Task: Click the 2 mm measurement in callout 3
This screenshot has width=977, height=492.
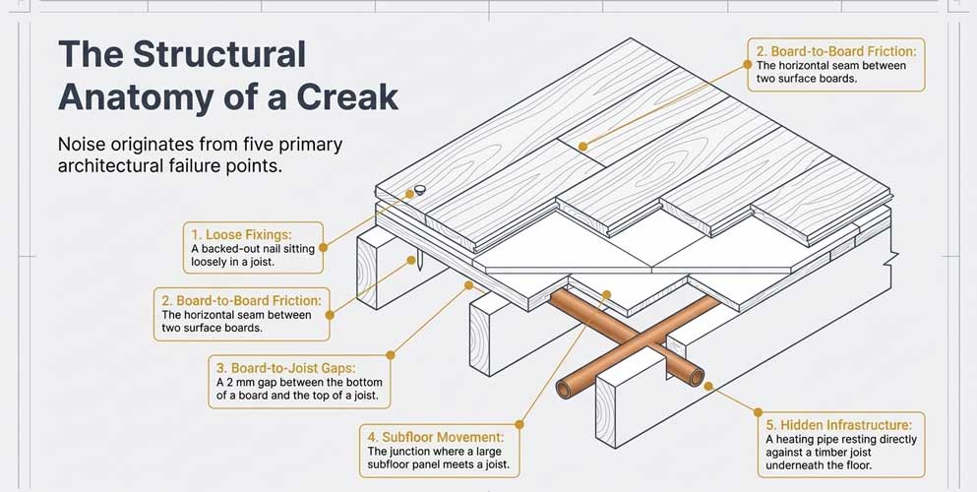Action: [238, 382]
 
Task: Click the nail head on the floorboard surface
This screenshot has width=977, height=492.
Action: [420, 189]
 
